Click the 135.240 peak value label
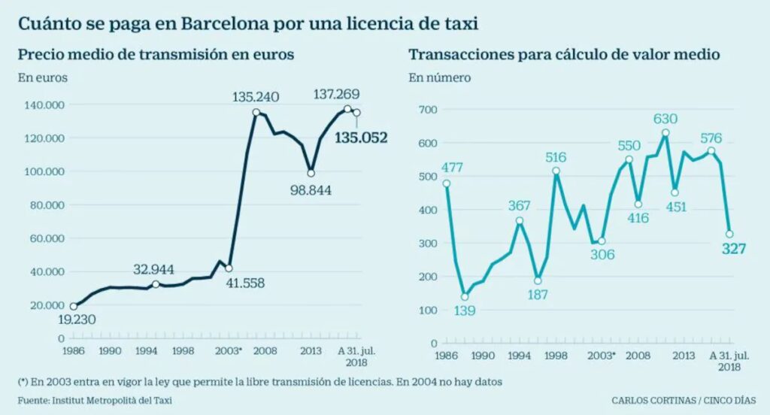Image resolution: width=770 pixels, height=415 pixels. coord(257,97)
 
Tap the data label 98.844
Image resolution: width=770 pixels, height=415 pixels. coord(311,188)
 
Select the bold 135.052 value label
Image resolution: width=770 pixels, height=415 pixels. coord(362,138)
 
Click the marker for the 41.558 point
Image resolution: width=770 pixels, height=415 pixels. coord(229,268)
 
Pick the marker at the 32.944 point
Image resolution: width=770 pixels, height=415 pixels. coord(156,284)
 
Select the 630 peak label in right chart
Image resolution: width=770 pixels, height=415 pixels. coord(665,118)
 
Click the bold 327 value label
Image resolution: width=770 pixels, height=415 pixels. coord(733,249)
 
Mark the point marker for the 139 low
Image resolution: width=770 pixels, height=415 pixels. coord(465,297)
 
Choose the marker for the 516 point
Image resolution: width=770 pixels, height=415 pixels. coord(556,171)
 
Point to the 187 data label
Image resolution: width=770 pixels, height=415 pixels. coord(537,295)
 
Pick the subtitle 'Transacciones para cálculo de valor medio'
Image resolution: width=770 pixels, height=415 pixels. coord(565,55)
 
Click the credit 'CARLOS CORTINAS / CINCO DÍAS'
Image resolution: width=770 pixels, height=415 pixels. coord(683,400)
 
